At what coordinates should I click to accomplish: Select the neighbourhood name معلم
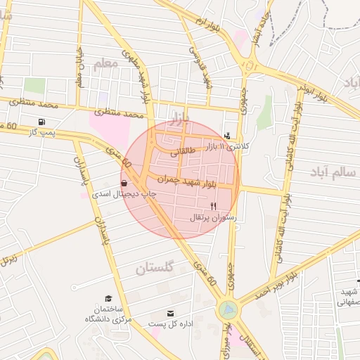pos(103,65)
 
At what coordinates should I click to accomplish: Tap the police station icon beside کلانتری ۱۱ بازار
pos(226,136)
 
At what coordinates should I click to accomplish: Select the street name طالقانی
pos(185,150)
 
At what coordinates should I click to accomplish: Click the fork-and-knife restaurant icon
pos(213,206)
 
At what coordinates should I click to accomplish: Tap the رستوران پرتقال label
pos(214,218)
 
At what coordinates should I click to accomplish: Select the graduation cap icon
pos(108,298)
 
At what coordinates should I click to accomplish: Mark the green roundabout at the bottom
pos(228,309)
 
